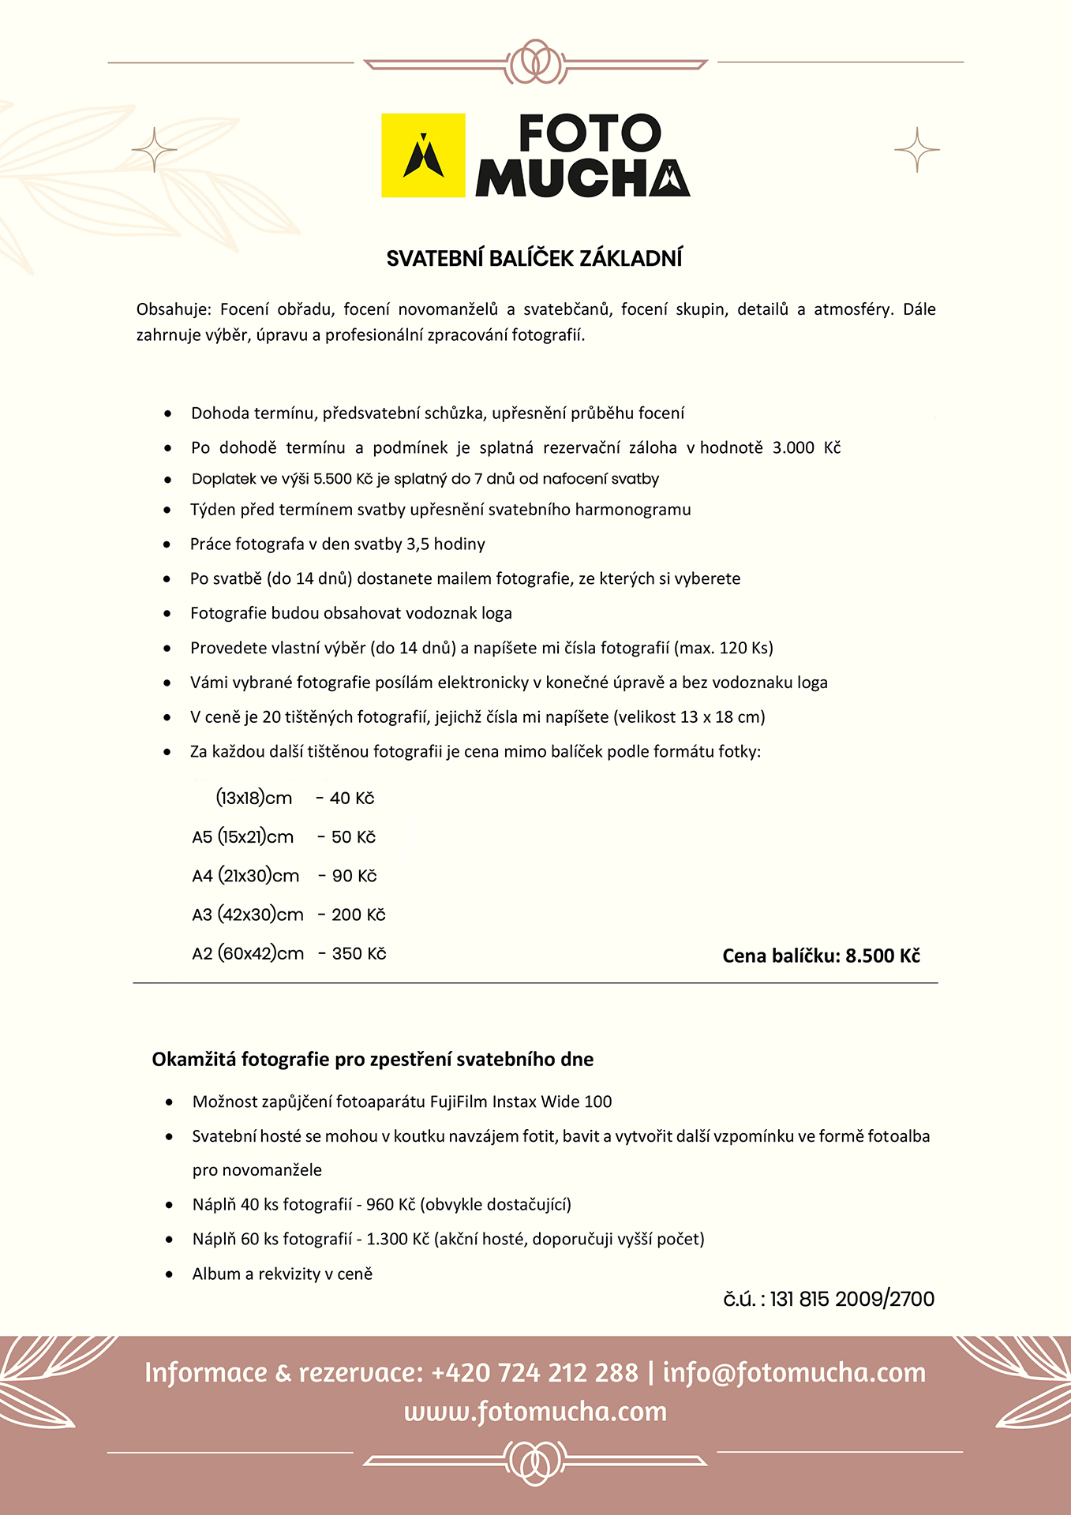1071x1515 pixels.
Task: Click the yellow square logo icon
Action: pyautogui.click(x=423, y=155)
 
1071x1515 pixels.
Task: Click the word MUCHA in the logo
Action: pyautogui.click(x=582, y=178)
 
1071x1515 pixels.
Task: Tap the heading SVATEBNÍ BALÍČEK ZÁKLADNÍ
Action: pyautogui.click(x=534, y=259)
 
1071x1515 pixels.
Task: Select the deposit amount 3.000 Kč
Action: pyautogui.click(x=806, y=448)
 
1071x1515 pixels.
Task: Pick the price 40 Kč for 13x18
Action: pyautogui.click(x=351, y=799)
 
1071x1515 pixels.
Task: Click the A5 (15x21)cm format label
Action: pyautogui.click(x=242, y=837)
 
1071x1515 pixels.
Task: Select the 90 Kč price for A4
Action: pyautogui.click(x=354, y=876)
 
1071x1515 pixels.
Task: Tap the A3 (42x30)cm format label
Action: pyautogui.click(x=248, y=915)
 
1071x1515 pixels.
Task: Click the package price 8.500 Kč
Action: pyautogui.click(x=882, y=956)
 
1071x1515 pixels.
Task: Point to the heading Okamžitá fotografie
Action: pyautogui.click(x=372, y=1060)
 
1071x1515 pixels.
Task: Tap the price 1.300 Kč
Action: pyautogui.click(x=398, y=1240)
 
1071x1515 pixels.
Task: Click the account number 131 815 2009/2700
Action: pyautogui.click(x=852, y=1300)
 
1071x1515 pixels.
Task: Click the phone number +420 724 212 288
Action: pyautogui.click(x=534, y=1373)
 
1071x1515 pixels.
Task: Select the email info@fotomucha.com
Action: pyautogui.click(x=794, y=1373)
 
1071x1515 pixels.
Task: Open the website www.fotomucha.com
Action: pyautogui.click(x=535, y=1412)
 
